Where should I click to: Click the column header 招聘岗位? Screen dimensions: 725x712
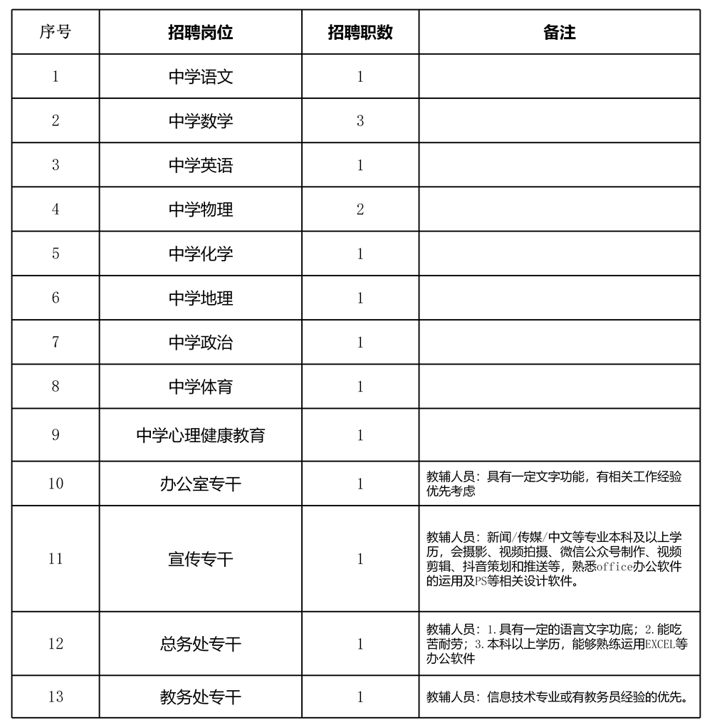[x=201, y=33]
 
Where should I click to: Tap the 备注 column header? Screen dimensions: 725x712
[x=559, y=33]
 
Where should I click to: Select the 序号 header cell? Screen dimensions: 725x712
[x=56, y=33]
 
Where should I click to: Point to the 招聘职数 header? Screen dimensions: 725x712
[x=360, y=33]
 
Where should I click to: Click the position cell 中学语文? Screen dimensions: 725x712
[x=201, y=77]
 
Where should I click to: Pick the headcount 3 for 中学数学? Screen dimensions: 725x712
[x=360, y=121]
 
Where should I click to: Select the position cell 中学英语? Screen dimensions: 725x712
[x=201, y=165]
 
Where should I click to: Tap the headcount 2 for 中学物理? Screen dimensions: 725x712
[x=360, y=209]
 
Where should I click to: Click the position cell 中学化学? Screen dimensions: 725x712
[x=201, y=254]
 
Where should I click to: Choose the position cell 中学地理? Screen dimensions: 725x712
[x=201, y=298]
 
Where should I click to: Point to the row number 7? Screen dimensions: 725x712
[x=56, y=342]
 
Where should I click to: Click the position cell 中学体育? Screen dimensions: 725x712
[x=201, y=387]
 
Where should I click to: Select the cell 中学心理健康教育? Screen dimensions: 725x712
[x=201, y=434]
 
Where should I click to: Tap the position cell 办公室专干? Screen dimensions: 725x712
[x=201, y=484]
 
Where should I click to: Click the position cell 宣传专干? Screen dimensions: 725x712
[x=201, y=559]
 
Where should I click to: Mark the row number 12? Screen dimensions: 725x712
[x=56, y=644]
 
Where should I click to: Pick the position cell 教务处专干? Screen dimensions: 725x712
[x=201, y=697]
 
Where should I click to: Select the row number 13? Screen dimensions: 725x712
[x=56, y=697]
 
